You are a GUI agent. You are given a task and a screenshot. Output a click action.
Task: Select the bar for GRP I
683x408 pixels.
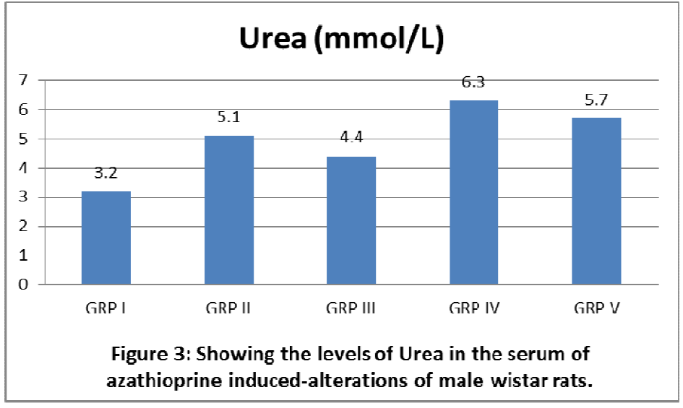[106, 238]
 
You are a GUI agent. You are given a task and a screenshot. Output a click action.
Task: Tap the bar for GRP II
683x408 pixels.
[228, 210]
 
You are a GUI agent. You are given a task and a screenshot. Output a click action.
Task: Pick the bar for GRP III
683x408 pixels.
[351, 220]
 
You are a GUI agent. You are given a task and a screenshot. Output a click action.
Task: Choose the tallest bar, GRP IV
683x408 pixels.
[473, 192]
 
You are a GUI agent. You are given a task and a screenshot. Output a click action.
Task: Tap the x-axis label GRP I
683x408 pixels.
[106, 309]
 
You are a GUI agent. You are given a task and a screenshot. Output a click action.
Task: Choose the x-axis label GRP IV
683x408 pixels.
[473, 309]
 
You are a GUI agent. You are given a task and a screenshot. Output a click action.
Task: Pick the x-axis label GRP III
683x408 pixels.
[351, 309]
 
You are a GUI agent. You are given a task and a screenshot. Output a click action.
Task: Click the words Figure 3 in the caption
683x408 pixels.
[148, 355]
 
